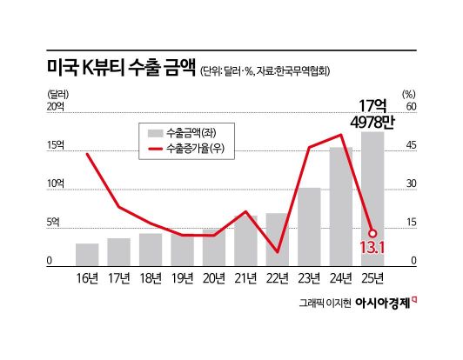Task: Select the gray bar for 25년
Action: (x=372, y=200)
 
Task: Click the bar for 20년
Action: (x=214, y=247)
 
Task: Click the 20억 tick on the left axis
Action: (x=55, y=108)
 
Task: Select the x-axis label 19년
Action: (x=182, y=277)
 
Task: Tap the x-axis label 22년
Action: (x=278, y=277)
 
